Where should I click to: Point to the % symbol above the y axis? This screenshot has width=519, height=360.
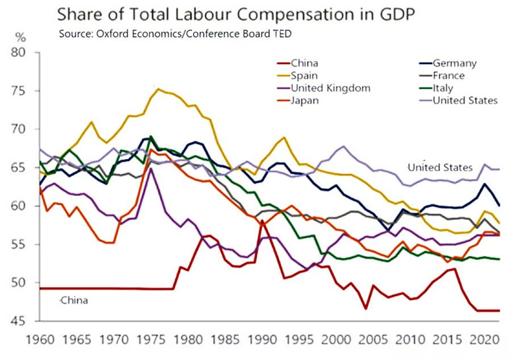point(20,38)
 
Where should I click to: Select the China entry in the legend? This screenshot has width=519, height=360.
point(304,63)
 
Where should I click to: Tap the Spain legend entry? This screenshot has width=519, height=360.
point(304,76)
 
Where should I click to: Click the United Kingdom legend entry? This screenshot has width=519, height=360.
point(330,88)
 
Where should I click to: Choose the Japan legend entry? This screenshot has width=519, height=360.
point(305,101)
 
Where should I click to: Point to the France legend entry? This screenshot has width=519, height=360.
point(449,76)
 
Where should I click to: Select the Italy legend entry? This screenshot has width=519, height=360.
point(443,88)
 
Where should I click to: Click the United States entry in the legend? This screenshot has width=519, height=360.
point(465,101)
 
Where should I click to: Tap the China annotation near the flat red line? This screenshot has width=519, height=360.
point(74,300)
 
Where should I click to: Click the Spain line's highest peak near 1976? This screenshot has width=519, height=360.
point(158,89)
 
